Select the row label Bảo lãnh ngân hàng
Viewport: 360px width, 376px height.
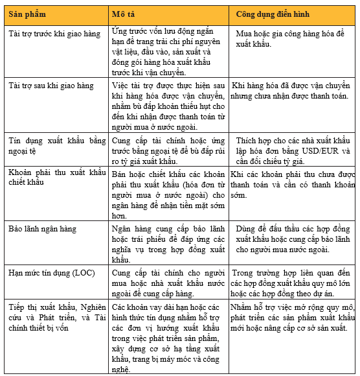(x=42, y=229)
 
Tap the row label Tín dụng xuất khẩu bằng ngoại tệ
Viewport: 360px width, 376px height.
(x=55, y=145)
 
